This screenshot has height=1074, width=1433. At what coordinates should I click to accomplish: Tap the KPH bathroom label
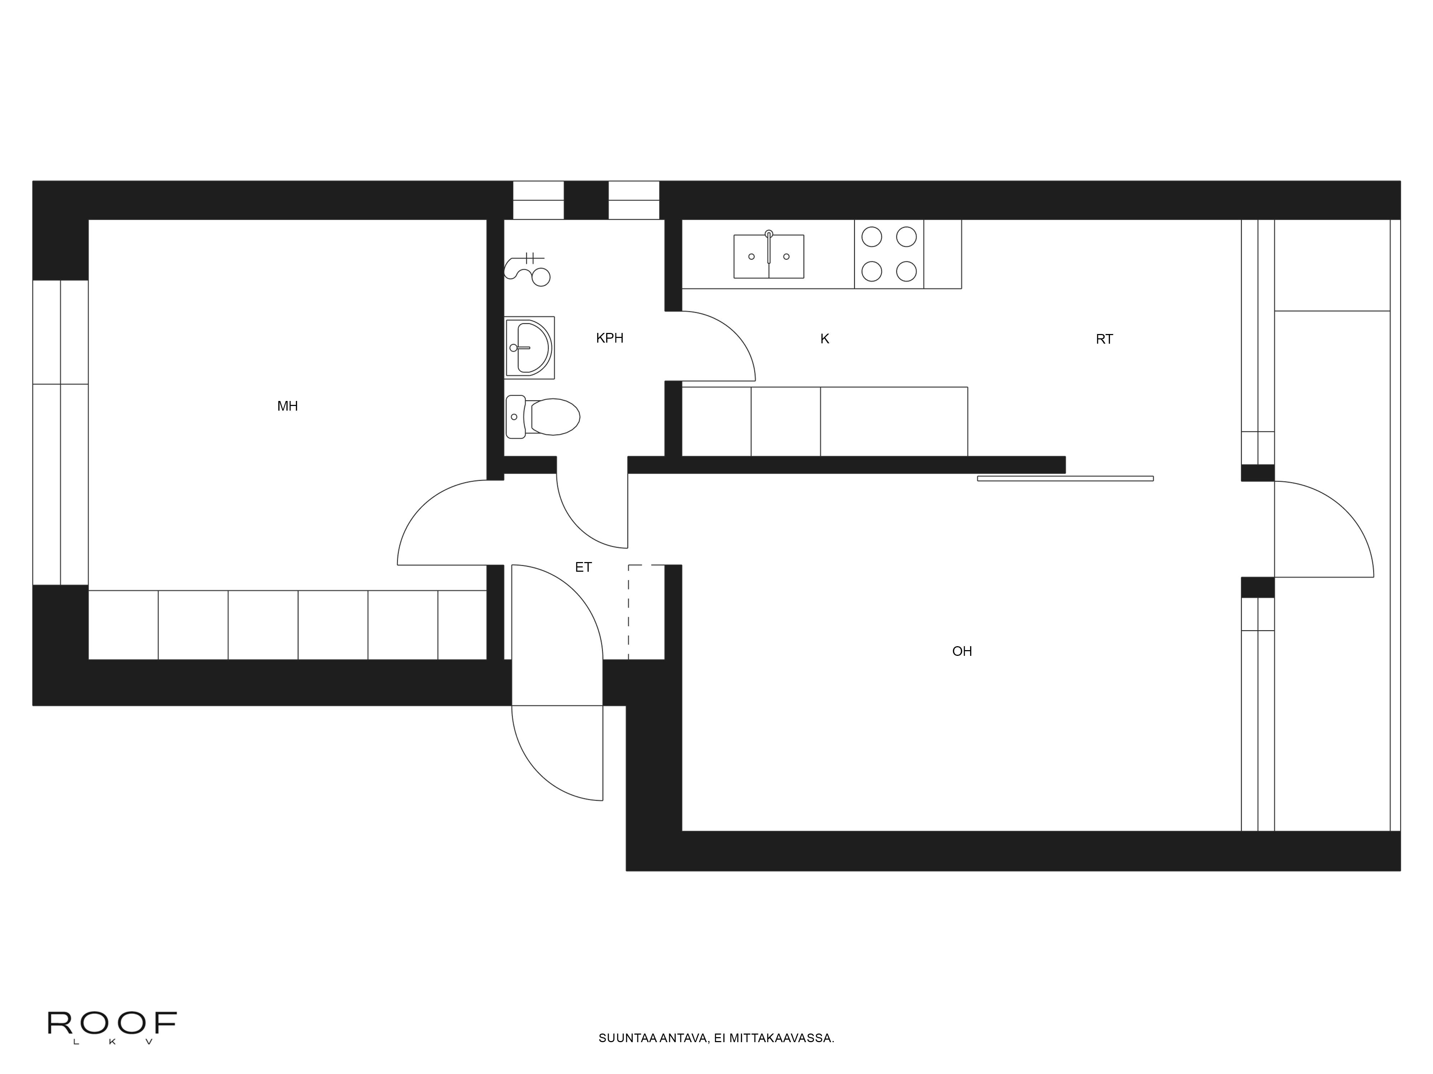tap(610, 338)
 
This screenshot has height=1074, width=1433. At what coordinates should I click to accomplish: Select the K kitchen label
tap(825, 339)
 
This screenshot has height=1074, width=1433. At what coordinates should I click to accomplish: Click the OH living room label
tap(962, 651)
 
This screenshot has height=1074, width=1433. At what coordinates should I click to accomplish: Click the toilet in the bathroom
tap(543, 416)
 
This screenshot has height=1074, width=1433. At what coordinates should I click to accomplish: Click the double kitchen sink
tap(769, 256)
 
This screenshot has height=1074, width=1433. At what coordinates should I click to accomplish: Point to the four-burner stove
tap(889, 254)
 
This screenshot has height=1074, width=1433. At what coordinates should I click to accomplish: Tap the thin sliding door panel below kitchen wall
tap(1065, 478)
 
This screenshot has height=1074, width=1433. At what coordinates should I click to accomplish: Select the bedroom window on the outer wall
tap(60, 432)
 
